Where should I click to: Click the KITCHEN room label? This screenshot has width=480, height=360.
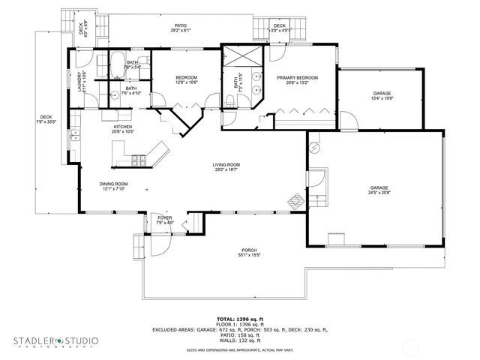tap(123, 127)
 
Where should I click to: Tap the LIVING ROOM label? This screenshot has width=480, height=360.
tap(226, 164)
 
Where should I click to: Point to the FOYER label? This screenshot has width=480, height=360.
tap(164, 218)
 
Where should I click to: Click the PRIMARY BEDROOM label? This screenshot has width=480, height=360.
tap(298, 77)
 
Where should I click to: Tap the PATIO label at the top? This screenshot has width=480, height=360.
tap(181, 25)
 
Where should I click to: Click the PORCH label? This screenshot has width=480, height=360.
tap(249, 250)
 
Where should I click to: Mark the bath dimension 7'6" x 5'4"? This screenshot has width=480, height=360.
tap(132, 67)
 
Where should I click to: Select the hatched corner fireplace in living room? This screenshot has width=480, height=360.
tap(295, 200)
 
